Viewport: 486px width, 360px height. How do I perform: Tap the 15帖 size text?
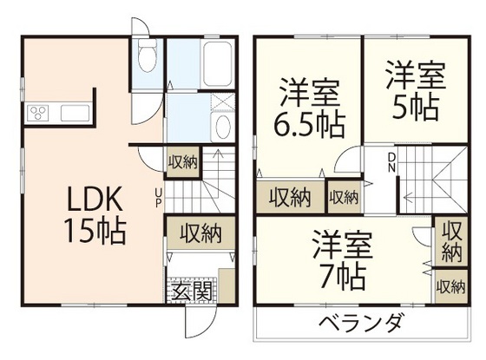tap(95, 232)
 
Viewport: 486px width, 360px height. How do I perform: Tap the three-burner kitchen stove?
tap(40, 112)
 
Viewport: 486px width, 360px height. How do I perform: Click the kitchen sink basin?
tap(72, 112)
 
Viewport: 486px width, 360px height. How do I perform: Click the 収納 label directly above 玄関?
tap(200, 232)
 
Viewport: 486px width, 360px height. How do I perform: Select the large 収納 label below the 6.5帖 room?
tap(290, 197)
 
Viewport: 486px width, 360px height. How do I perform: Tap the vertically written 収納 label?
tap(451, 241)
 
